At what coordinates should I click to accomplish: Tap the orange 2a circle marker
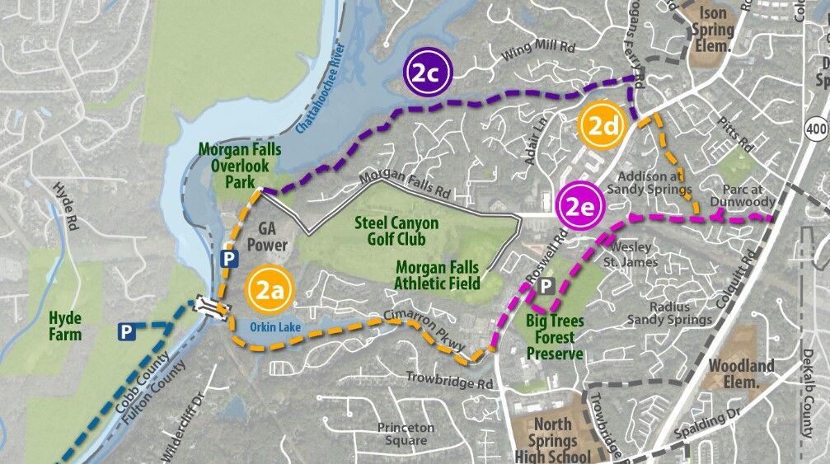[269, 289]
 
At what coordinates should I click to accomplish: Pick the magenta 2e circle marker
[577, 204]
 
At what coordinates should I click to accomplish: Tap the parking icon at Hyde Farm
[126, 332]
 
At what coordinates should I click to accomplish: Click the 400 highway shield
[816, 127]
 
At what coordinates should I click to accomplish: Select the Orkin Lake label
[275, 327]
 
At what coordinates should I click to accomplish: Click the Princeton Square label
[406, 434]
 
